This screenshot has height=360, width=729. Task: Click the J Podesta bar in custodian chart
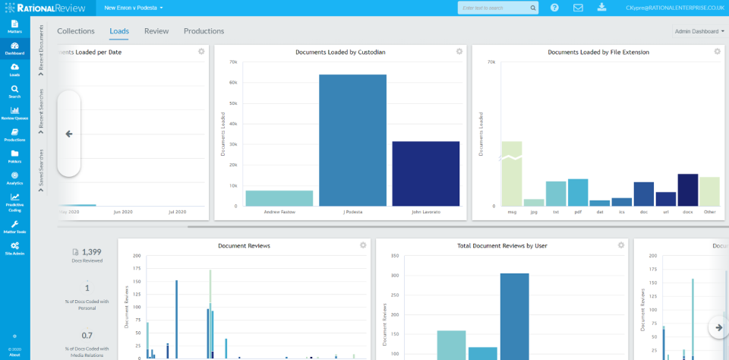(352, 140)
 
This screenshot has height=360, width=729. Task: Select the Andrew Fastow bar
(268, 197)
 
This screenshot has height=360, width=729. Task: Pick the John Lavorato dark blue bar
(425, 173)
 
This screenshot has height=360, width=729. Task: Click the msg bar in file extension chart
(511, 174)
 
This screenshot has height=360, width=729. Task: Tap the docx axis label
(687, 212)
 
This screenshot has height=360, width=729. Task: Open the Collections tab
(76, 31)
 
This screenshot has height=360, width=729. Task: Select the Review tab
(156, 31)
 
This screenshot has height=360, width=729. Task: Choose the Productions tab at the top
(204, 31)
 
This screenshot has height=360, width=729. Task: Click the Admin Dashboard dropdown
(699, 32)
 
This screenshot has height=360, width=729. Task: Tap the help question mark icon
(554, 8)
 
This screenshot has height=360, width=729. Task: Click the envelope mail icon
(578, 8)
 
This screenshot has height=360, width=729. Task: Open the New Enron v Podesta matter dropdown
(134, 8)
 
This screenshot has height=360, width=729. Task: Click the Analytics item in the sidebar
(14, 178)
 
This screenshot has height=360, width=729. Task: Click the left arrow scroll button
(69, 134)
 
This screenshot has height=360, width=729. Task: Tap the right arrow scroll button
(718, 327)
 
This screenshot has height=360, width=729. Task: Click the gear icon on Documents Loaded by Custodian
(459, 52)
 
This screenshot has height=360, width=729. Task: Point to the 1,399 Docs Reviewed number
(91, 251)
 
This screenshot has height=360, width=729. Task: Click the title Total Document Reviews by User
(502, 246)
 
